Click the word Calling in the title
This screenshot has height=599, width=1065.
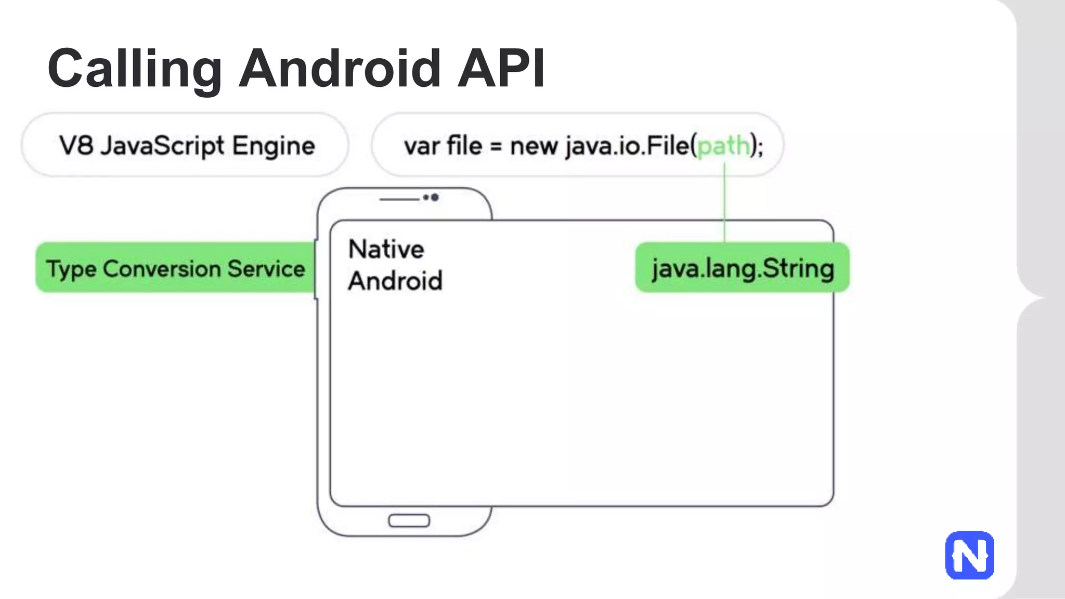tap(134, 69)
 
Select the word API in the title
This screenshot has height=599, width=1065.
tap(501, 69)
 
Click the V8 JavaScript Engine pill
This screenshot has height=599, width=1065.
tap(185, 145)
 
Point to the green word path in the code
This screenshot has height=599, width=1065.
tap(723, 146)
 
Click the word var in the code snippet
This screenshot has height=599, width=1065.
tap(421, 146)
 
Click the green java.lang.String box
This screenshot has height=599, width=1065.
tap(742, 268)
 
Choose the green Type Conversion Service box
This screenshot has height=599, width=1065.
tap(175, 268)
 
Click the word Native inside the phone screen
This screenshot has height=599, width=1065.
tap(386, 249)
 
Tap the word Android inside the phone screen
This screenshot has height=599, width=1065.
tap(395, 281)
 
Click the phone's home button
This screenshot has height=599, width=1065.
tap(409, 520)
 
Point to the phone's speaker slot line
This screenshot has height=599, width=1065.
tap(399, 199)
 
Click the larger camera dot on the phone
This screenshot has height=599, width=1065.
tap(435, 197)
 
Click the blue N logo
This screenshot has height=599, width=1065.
tap(969, 555)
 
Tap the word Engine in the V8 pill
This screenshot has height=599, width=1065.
tap(274, 146)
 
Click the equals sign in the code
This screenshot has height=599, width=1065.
tap(496, 147)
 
